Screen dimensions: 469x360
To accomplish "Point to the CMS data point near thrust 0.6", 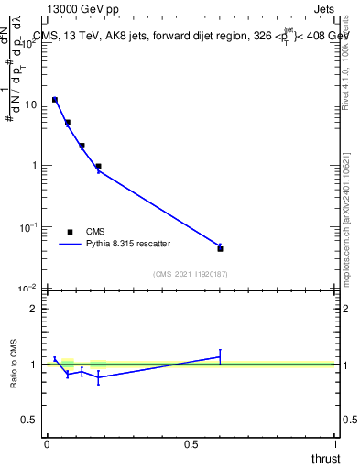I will [x=220, y=248].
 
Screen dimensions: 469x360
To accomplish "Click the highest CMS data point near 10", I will [x=55, y=99].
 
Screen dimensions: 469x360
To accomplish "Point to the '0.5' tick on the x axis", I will [x=191, y=443].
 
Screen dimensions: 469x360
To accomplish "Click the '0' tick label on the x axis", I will [x=47, y=443].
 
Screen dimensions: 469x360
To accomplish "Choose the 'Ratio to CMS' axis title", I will [x=16, y=364].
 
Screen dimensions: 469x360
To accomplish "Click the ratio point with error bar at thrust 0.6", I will [x=220, y=356].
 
